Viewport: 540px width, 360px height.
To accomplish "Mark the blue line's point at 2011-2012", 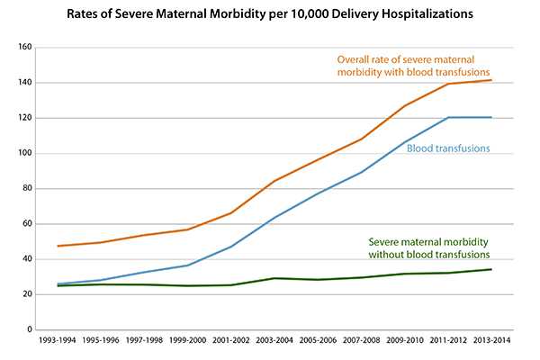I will click(449, 117).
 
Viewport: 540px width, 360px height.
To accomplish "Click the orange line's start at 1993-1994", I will click(57, 246).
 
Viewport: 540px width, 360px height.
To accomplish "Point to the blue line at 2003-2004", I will click(274, 218).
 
